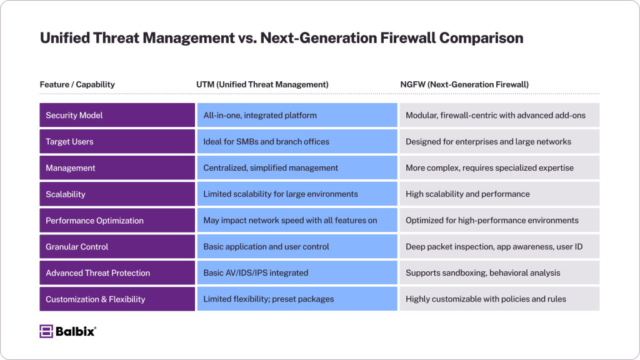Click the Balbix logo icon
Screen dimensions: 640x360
(x=46, y=331)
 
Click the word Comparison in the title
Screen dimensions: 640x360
(x=481, y=38)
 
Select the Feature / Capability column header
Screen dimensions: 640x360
(x=77, y=84)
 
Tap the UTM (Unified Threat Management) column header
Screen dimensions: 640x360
(x=262, y=84)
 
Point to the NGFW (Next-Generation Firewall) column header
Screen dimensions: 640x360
(x=464, y=84)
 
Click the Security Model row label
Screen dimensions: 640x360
(x=117, y=115)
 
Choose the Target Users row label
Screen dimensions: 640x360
(x=117, y=142)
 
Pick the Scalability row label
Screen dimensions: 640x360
(x=117, y=194)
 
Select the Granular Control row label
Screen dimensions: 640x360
(x=117, y=246)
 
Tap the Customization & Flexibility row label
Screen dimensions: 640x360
(x=117, y=299)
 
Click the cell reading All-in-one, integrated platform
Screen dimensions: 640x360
(x=297, y=115)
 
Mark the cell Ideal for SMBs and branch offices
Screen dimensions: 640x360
(x=297, y=142)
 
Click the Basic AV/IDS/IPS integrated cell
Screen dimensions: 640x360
(x=297, y=272)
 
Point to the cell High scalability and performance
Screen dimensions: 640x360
(x=499, y=194)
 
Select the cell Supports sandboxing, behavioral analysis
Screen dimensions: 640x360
(x=499, y=272)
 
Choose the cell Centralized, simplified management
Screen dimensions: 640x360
(x=297, y=167)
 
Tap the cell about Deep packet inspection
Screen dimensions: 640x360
(x=499, y=246)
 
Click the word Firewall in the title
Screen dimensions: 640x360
(x=407, y=38)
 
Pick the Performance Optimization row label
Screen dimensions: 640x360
(x=117, y=221)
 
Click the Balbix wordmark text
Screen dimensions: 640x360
(x=76, y=331)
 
